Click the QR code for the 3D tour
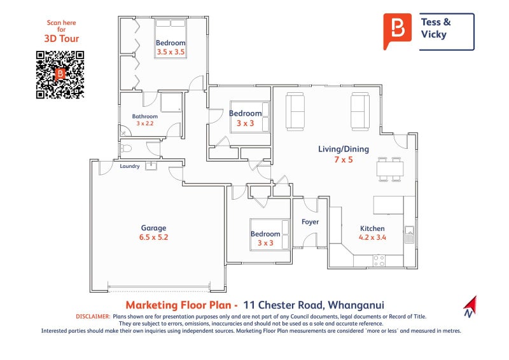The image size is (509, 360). point(60,74)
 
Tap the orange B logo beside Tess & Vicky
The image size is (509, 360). point(398,30)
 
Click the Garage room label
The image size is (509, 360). point(153,228)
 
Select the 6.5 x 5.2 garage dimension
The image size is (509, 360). point(153,237)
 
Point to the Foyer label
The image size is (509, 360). point(310,222)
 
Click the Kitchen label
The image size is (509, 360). point(372,228)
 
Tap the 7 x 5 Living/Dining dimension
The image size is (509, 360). point(344,160)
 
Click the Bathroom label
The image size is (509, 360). point(145,116)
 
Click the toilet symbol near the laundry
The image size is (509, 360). point(125,149)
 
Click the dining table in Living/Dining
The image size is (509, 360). point(389,169)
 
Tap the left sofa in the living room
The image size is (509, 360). point(295,111)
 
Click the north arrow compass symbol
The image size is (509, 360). point(470,306)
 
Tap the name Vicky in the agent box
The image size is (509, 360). point(433,34)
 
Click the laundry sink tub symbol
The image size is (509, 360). point(151,166)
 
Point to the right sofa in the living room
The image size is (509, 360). point(359,111)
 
